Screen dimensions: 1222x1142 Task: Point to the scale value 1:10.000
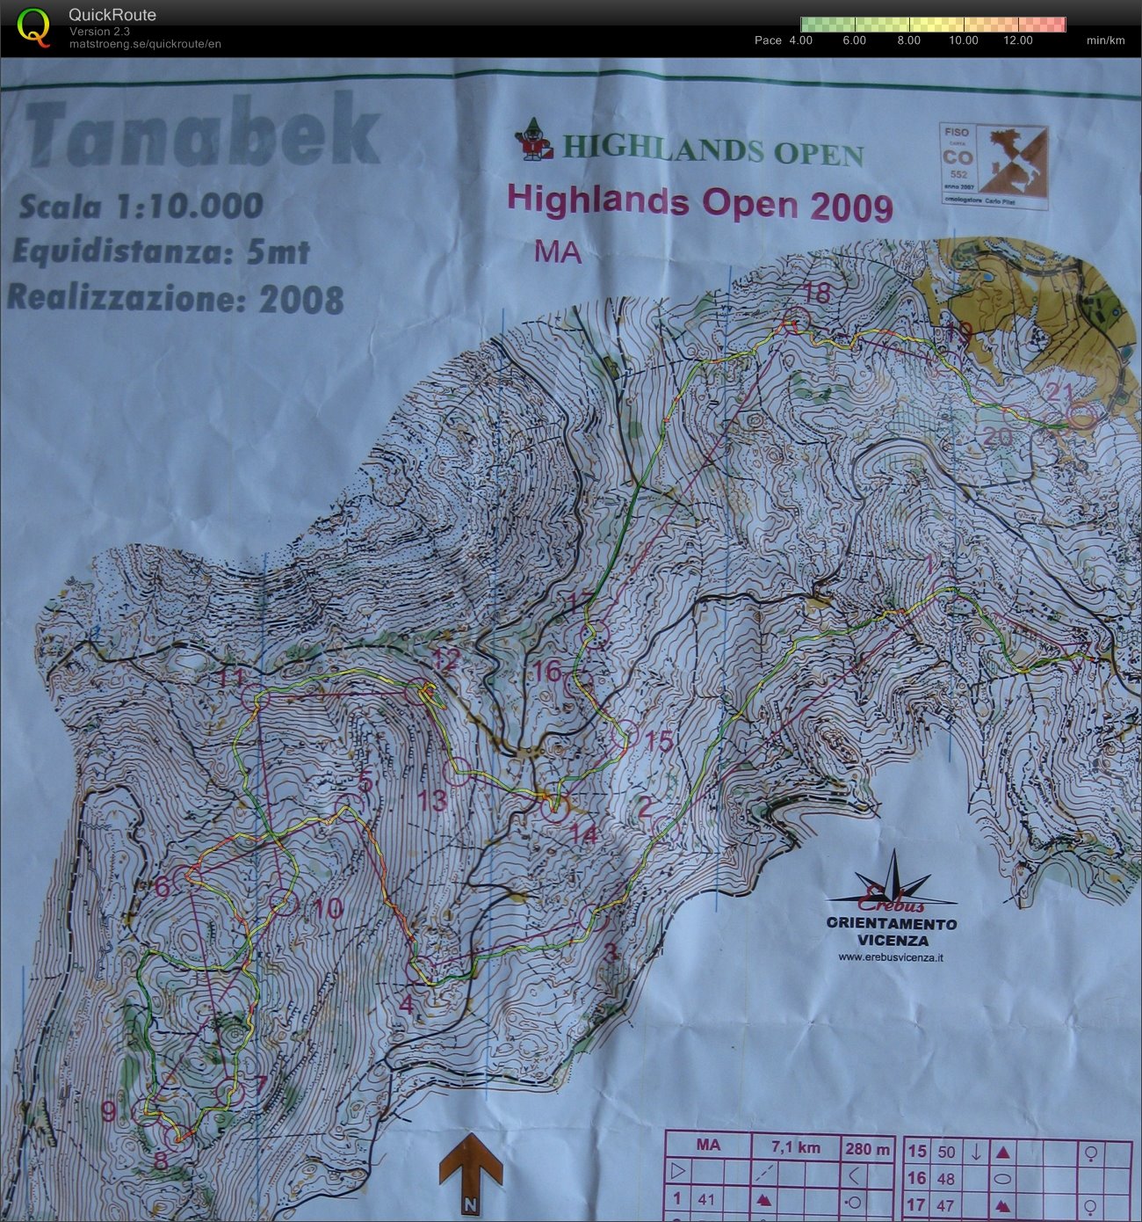(x=189, y=207)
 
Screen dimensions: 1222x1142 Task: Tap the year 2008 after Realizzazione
(x=301, y=300)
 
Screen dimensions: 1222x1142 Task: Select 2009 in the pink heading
(x=851, y=207)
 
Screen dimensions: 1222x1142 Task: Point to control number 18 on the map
(x=817, y=293)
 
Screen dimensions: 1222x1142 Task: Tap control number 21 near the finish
(x=1061, y=392)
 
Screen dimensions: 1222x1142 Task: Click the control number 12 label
(x=446, y=661)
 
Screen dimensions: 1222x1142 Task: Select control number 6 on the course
(x=163, y=886)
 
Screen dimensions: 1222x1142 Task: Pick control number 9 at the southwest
(x=108, y=1111)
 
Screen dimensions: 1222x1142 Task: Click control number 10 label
(x=328, y=908)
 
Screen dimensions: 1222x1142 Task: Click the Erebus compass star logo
(x=893, y=882)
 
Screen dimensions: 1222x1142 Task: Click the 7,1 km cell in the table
(x=796, y=1146)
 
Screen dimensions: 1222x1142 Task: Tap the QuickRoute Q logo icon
(x=34, y=25)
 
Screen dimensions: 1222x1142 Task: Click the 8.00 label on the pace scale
(x=908, y=40)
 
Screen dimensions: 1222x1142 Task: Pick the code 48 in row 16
(x=946, y=1179)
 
